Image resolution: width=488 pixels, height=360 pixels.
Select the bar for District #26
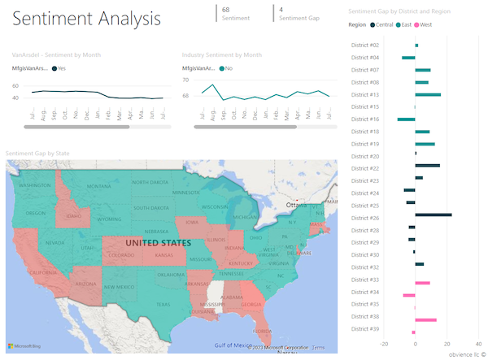(434, 215)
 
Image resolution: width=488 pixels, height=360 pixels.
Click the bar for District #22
(428, 165)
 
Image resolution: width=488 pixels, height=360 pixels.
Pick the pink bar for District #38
(426, 319)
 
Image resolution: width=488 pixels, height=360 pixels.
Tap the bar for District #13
(428, 94)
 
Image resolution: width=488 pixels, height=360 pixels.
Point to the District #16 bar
(407, 119)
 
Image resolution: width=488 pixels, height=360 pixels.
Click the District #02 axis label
(364, 45)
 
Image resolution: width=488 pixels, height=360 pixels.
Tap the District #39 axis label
(364, 329)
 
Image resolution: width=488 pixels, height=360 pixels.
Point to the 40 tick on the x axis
(479, 343)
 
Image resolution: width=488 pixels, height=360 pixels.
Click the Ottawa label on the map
(298, 205)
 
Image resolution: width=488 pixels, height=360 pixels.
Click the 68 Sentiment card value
(225, 8)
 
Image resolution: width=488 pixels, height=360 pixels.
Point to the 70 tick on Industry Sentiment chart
(185, 80)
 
